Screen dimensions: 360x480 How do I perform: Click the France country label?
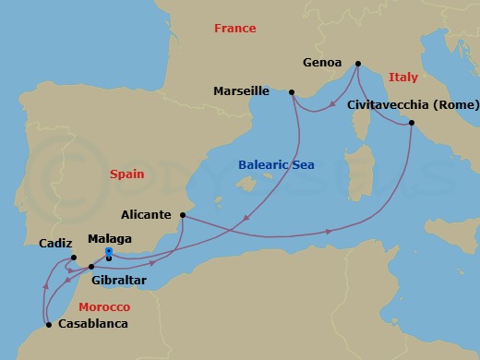point(234,29)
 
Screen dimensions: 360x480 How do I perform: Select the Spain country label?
point(127,174)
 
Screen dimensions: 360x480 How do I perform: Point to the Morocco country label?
point(104,306)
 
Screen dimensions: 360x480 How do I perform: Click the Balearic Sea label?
point(276,164)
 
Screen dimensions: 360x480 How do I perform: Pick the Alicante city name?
point(147,214)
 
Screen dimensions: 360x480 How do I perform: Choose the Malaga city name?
point(109,238)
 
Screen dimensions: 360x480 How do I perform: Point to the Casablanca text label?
point(93,324)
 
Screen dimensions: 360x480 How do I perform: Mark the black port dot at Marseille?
point(291,91)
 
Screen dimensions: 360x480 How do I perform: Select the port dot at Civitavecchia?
point(412,123)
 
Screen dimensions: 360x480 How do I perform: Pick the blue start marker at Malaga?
point(108,252)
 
